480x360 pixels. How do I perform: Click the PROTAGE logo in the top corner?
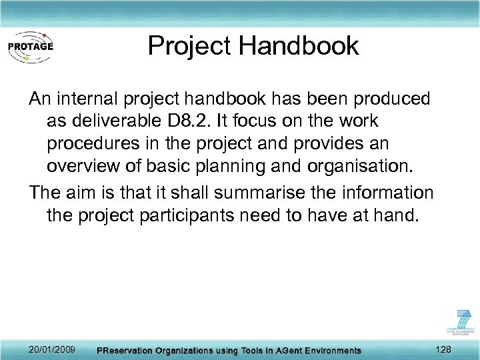click(x=30, y=46)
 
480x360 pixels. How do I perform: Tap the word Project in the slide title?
click(x=190, y=46)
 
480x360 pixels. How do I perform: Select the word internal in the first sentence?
click(x=89, y=99)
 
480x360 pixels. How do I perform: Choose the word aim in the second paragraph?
click(x=85, y=193)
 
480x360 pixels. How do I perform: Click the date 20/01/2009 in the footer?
click(x=52, y=349)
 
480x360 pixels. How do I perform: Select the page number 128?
click(x=443, y=349)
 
